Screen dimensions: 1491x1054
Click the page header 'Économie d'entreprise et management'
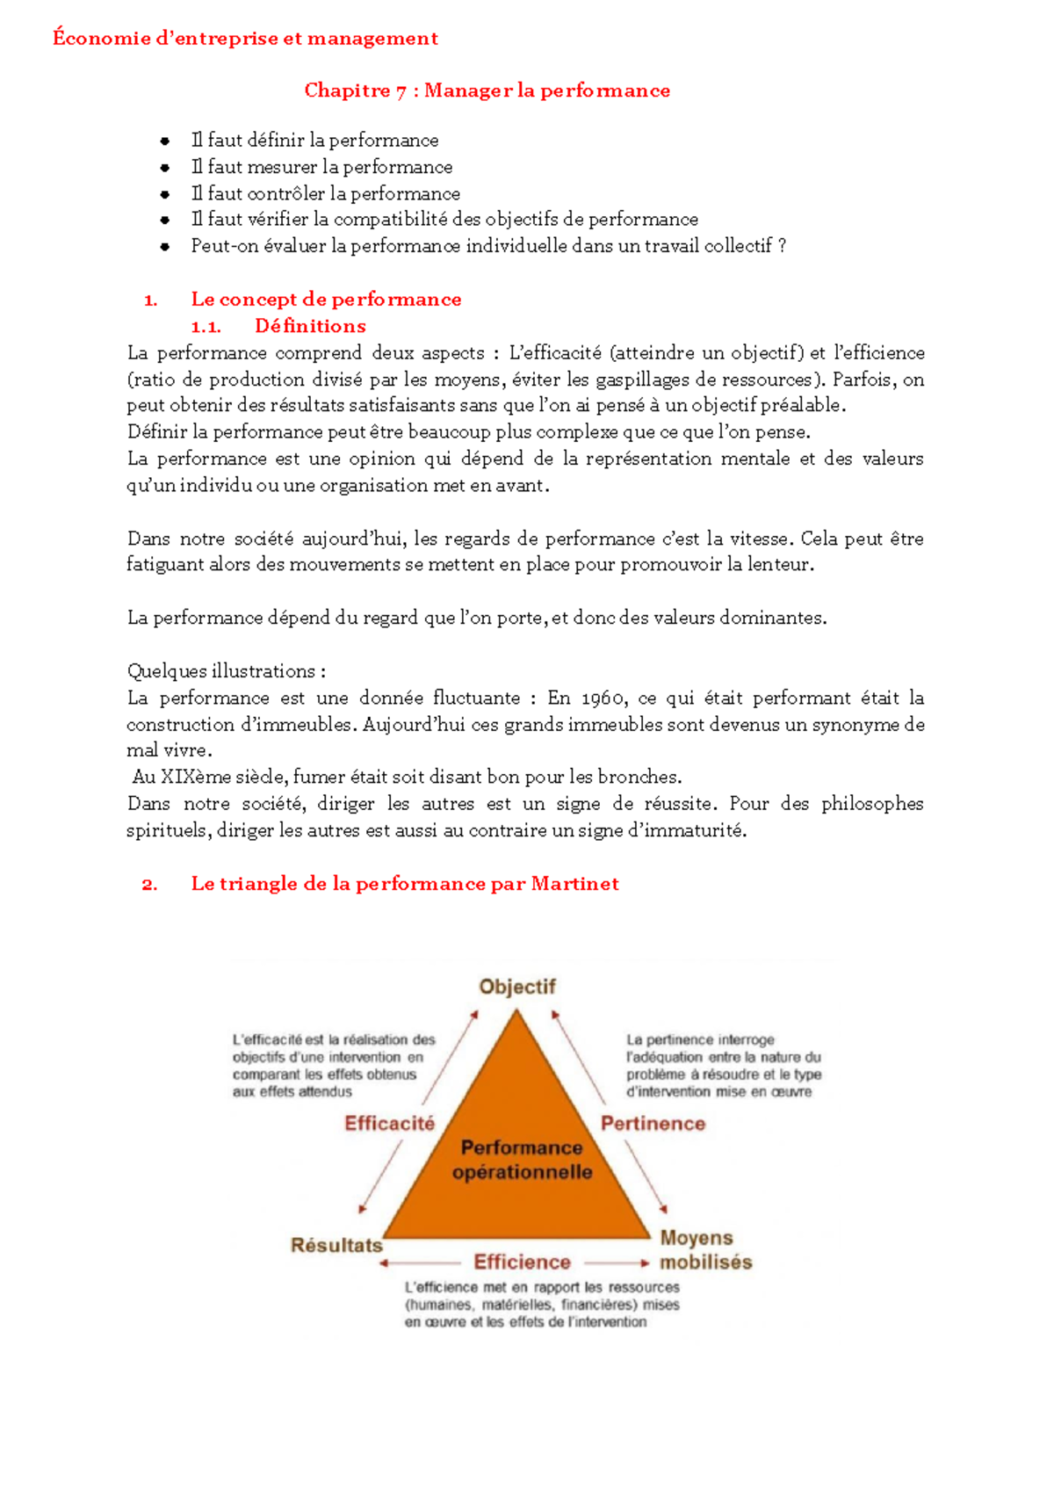245,39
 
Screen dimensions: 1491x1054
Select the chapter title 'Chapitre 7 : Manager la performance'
487,90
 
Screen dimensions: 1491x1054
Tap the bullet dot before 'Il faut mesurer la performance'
164,167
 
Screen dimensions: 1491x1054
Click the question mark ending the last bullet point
782,246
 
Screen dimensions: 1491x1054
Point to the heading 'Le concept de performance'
326,300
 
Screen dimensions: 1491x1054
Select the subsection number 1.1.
206,327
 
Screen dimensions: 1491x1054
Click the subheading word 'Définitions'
310,326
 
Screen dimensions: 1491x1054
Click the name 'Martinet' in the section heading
574,884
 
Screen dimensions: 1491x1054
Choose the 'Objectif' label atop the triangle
517,987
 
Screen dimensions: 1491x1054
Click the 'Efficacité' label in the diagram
389,1124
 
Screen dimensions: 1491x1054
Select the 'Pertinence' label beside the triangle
653,1124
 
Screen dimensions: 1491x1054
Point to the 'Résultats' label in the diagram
336,1245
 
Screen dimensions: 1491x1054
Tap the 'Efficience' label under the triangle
522,1263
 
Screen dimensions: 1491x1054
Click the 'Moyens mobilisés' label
705,1250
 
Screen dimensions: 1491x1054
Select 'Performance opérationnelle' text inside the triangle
522,1160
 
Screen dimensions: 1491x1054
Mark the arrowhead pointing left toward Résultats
384,1263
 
